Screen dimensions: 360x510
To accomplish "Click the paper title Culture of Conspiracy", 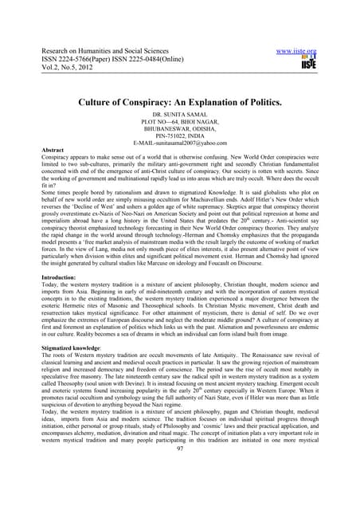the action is coord(180,102).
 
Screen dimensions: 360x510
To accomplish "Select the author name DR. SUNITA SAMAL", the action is coord(181,116).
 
